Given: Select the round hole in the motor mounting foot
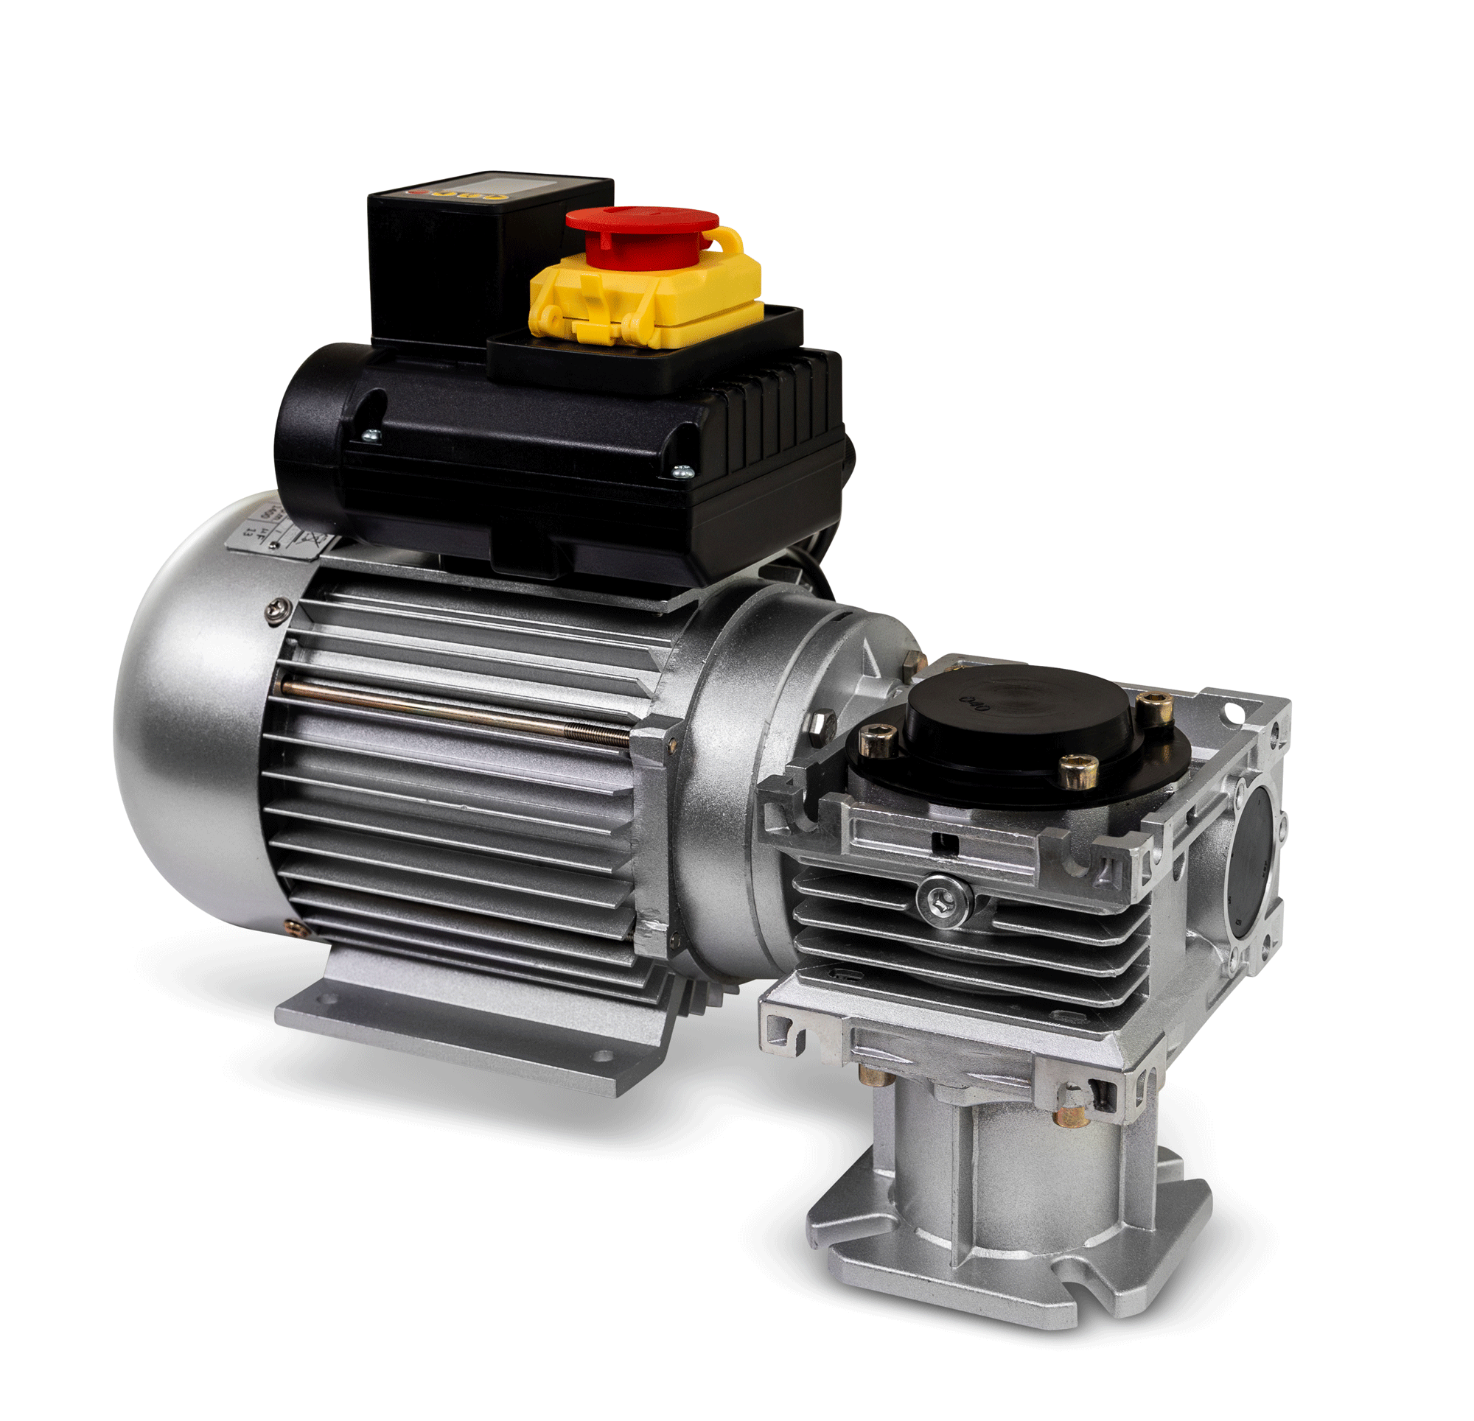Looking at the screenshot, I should [x=601, y=1056].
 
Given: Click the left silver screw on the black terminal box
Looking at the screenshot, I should [x=371, y=434].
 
